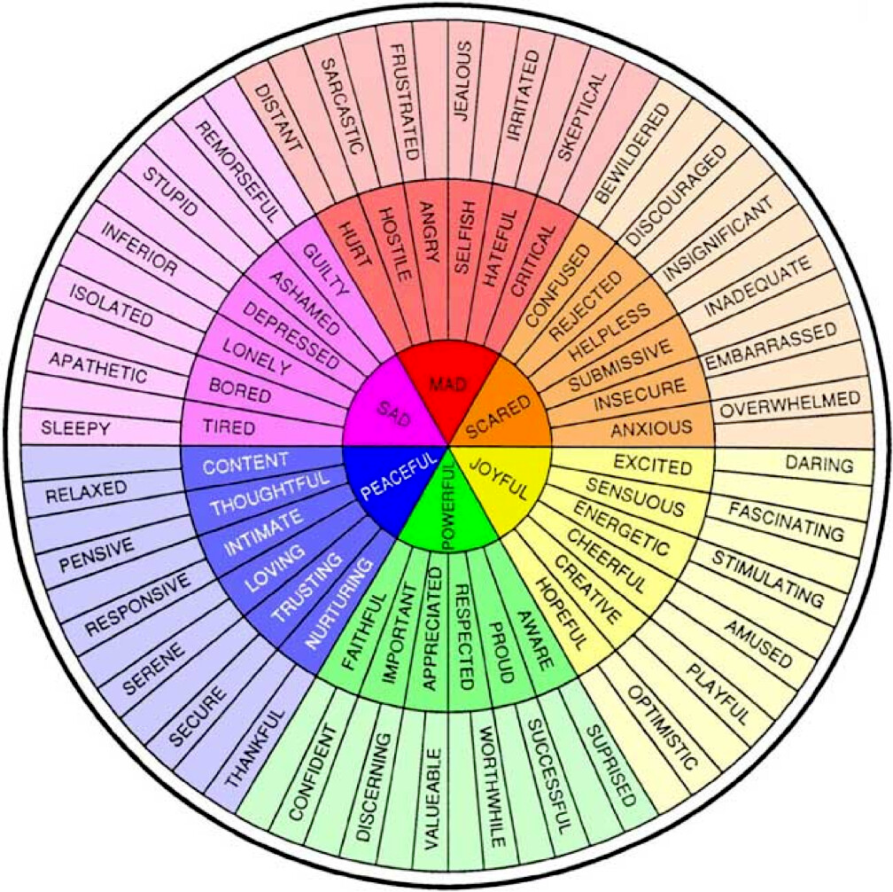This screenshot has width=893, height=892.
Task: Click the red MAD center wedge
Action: [x=447, y=387]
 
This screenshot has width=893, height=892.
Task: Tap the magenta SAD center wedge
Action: [x=393, y=408]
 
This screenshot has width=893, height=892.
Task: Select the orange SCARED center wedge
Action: [x=501, y=411]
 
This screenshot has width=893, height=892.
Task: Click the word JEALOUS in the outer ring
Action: [x=463, y=81]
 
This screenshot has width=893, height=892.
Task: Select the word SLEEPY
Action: [x=76, y=428]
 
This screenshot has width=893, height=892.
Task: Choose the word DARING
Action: [x=819, y=464]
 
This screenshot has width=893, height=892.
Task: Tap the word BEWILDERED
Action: [x=633, y=154]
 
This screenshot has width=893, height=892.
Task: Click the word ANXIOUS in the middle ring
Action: [x=651, y=428]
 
